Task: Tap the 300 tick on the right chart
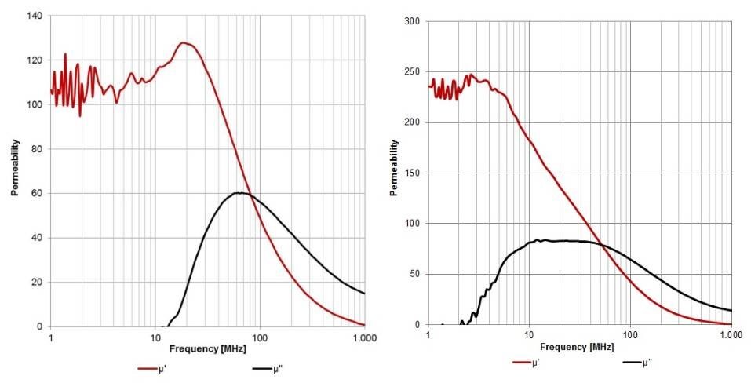[410, 21]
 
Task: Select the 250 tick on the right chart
[410, 72]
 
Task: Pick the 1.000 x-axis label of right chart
[731, 335]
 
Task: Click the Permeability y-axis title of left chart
[15, 169]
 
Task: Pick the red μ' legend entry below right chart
[527, 363]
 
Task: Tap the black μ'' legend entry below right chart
[638, 363]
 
